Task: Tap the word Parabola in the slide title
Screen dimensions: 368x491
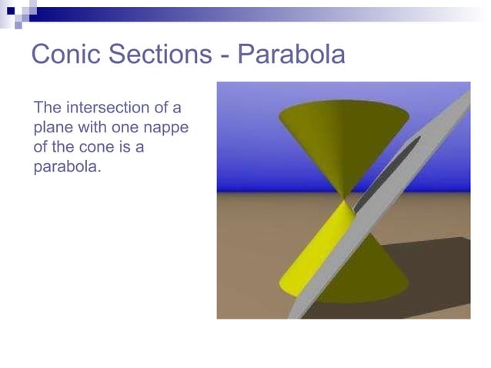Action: point(291,55)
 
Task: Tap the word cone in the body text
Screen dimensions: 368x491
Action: point(95,146)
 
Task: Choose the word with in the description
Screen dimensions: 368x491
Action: point(91,126)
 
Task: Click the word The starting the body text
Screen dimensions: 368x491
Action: point(47,106)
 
